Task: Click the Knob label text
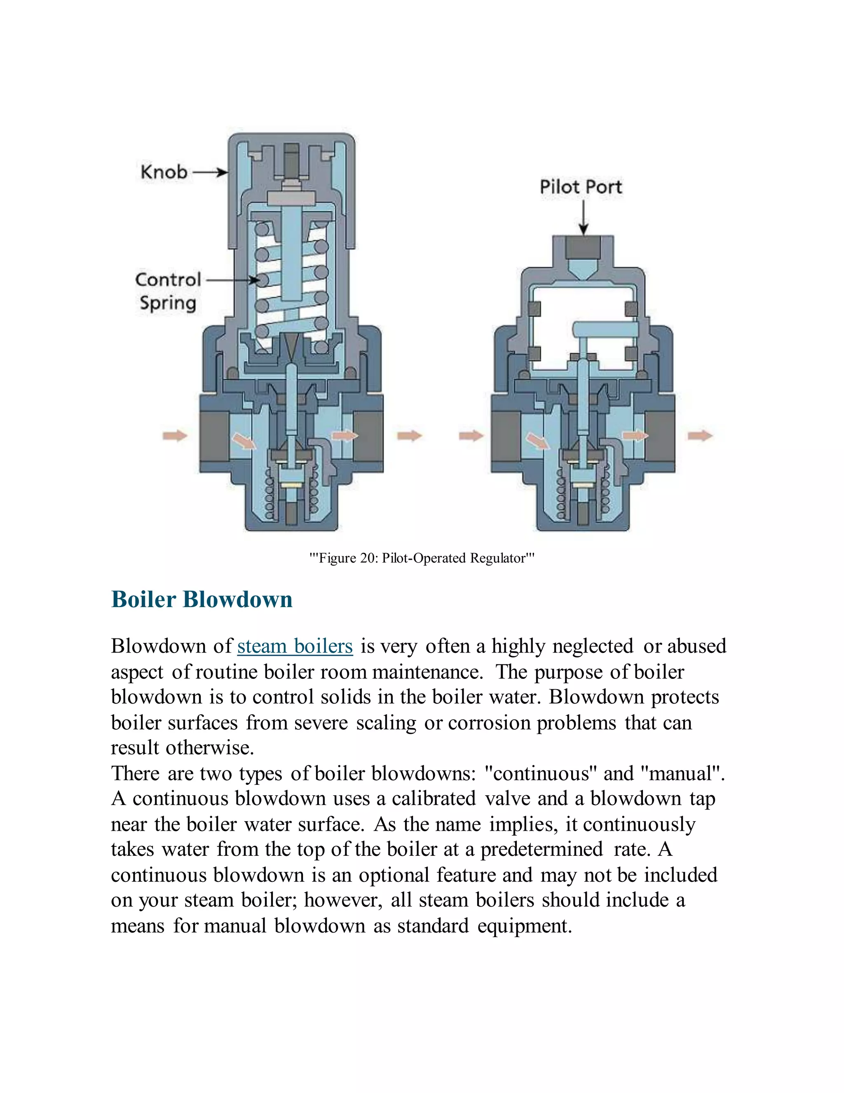coord(164,172)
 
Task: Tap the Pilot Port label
coord(581,187)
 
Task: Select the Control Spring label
coord(168,291)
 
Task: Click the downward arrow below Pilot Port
coord(583,218)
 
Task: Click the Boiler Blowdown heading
coord(202,600)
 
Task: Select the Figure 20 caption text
coord(422,558)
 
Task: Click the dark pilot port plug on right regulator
coord(583,247)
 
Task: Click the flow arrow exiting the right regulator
coord(700,436)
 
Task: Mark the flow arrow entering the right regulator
coord(471,436)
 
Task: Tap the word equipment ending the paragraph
coord(524,926)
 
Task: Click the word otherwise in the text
coord(210,748)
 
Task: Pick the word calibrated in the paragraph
coord(434,799)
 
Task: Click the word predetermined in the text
coord(542,849)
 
